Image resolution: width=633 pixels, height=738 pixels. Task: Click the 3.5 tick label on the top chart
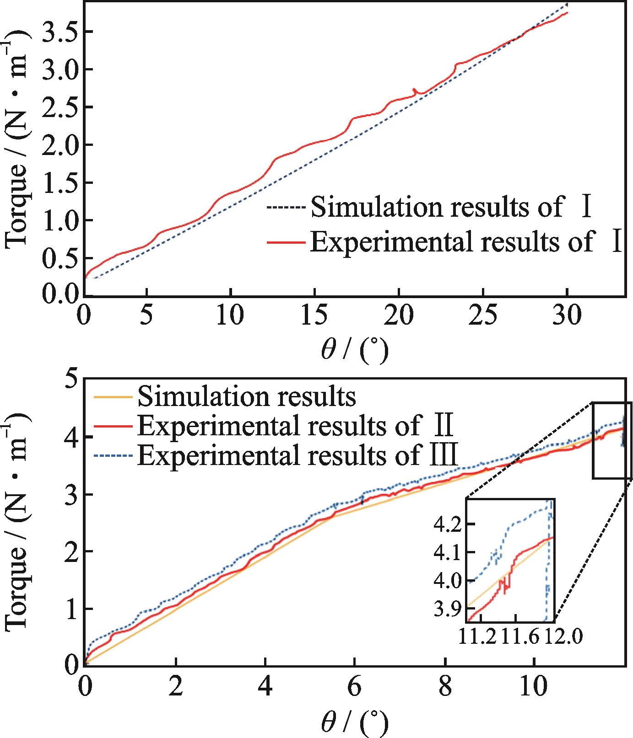pyautogui.click(x=58, y=32)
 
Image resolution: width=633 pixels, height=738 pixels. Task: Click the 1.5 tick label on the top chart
pyautogui.click(x=58, y=183)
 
